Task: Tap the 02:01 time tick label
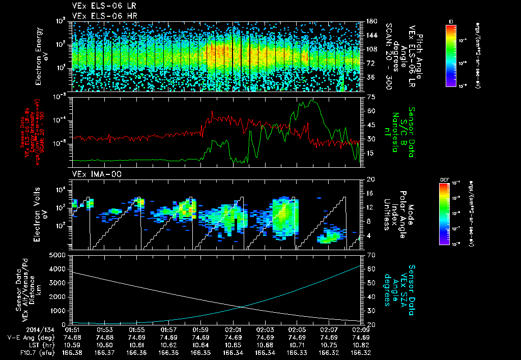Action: (233, 329)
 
